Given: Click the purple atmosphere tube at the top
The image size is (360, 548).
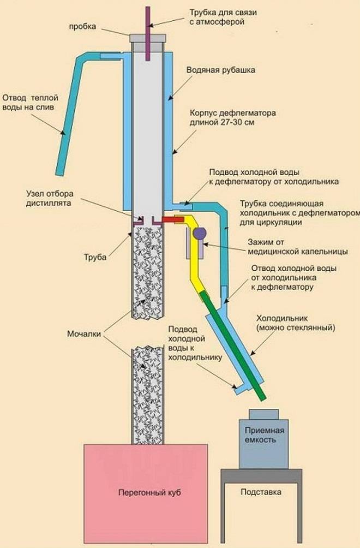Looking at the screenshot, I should point(148,22).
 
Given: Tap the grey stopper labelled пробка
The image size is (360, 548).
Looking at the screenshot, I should point(148,39).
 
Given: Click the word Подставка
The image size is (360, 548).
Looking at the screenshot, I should point(261,492).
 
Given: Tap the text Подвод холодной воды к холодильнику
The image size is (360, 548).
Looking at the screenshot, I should point(194,344).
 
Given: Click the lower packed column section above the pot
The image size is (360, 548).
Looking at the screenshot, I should point(148,393).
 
